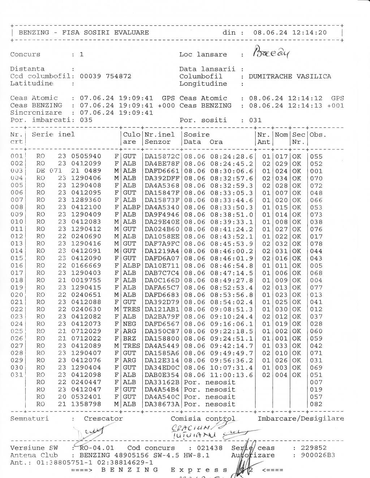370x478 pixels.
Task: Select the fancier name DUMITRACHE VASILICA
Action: tap(290, 76)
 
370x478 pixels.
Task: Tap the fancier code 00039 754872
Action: tap(106, 76)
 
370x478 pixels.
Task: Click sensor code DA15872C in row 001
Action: tap(162, 157)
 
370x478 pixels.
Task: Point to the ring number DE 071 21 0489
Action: tap(69, 171)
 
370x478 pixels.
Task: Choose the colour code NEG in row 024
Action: tap(129, 324)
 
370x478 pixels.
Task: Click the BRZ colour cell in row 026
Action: tap(129, 338)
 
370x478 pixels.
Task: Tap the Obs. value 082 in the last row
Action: tap(316, 404)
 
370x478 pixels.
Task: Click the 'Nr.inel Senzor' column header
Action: tap(160, 138)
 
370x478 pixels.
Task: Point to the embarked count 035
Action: tap(86, 120)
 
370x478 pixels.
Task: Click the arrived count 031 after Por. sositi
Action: tap(255, 120)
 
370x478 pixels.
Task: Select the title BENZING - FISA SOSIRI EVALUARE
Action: tap(83, 32)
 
